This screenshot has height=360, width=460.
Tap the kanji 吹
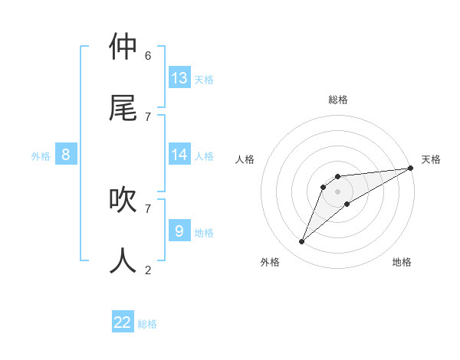123,199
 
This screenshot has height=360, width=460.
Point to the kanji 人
123,260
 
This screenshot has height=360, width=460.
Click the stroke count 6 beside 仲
148,55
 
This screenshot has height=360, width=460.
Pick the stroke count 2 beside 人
148,270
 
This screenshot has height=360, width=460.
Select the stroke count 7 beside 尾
148,116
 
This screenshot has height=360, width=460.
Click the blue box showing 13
179,77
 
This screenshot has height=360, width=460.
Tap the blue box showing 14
179,155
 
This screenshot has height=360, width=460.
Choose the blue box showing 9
179,231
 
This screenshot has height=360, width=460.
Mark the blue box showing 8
66,155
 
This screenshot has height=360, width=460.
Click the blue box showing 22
123,322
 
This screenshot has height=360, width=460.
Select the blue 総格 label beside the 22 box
147,324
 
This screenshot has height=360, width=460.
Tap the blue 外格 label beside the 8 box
41,156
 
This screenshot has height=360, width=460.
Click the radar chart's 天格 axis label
431,159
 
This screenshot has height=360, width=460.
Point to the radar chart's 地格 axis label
402,262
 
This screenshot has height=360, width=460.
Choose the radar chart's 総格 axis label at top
338,100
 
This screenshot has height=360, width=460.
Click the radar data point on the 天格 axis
410,168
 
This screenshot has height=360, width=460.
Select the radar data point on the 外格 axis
302,242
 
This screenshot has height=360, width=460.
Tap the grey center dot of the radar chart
337,191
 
